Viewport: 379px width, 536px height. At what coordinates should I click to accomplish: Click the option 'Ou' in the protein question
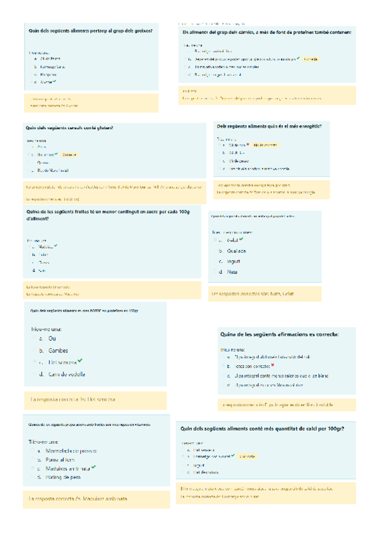point(53,338)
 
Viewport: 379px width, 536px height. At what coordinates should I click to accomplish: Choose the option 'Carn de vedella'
point(66,374)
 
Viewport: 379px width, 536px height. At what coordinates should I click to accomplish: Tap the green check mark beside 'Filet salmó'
point(81,361)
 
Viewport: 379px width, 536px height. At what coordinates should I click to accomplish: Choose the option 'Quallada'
point(237,250)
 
